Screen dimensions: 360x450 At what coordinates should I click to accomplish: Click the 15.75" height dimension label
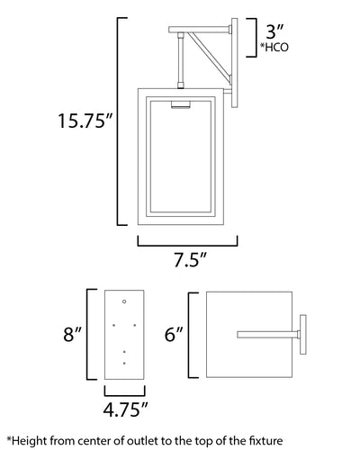click(85, 121)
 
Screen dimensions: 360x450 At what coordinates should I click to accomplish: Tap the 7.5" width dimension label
click(190, 259)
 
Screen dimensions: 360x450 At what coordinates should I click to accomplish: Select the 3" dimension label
click(274, 31)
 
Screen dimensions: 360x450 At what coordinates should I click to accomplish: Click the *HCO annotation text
click(274, 48)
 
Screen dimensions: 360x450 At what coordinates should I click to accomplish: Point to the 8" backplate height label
click(72, 334)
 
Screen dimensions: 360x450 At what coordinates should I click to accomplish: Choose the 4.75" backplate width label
click(125, 409)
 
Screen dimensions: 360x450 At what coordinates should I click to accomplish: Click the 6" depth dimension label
click(174, 334)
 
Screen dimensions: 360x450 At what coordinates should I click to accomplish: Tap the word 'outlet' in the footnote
click(142, 441)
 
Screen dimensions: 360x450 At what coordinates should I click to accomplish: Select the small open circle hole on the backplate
click(124, 301)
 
